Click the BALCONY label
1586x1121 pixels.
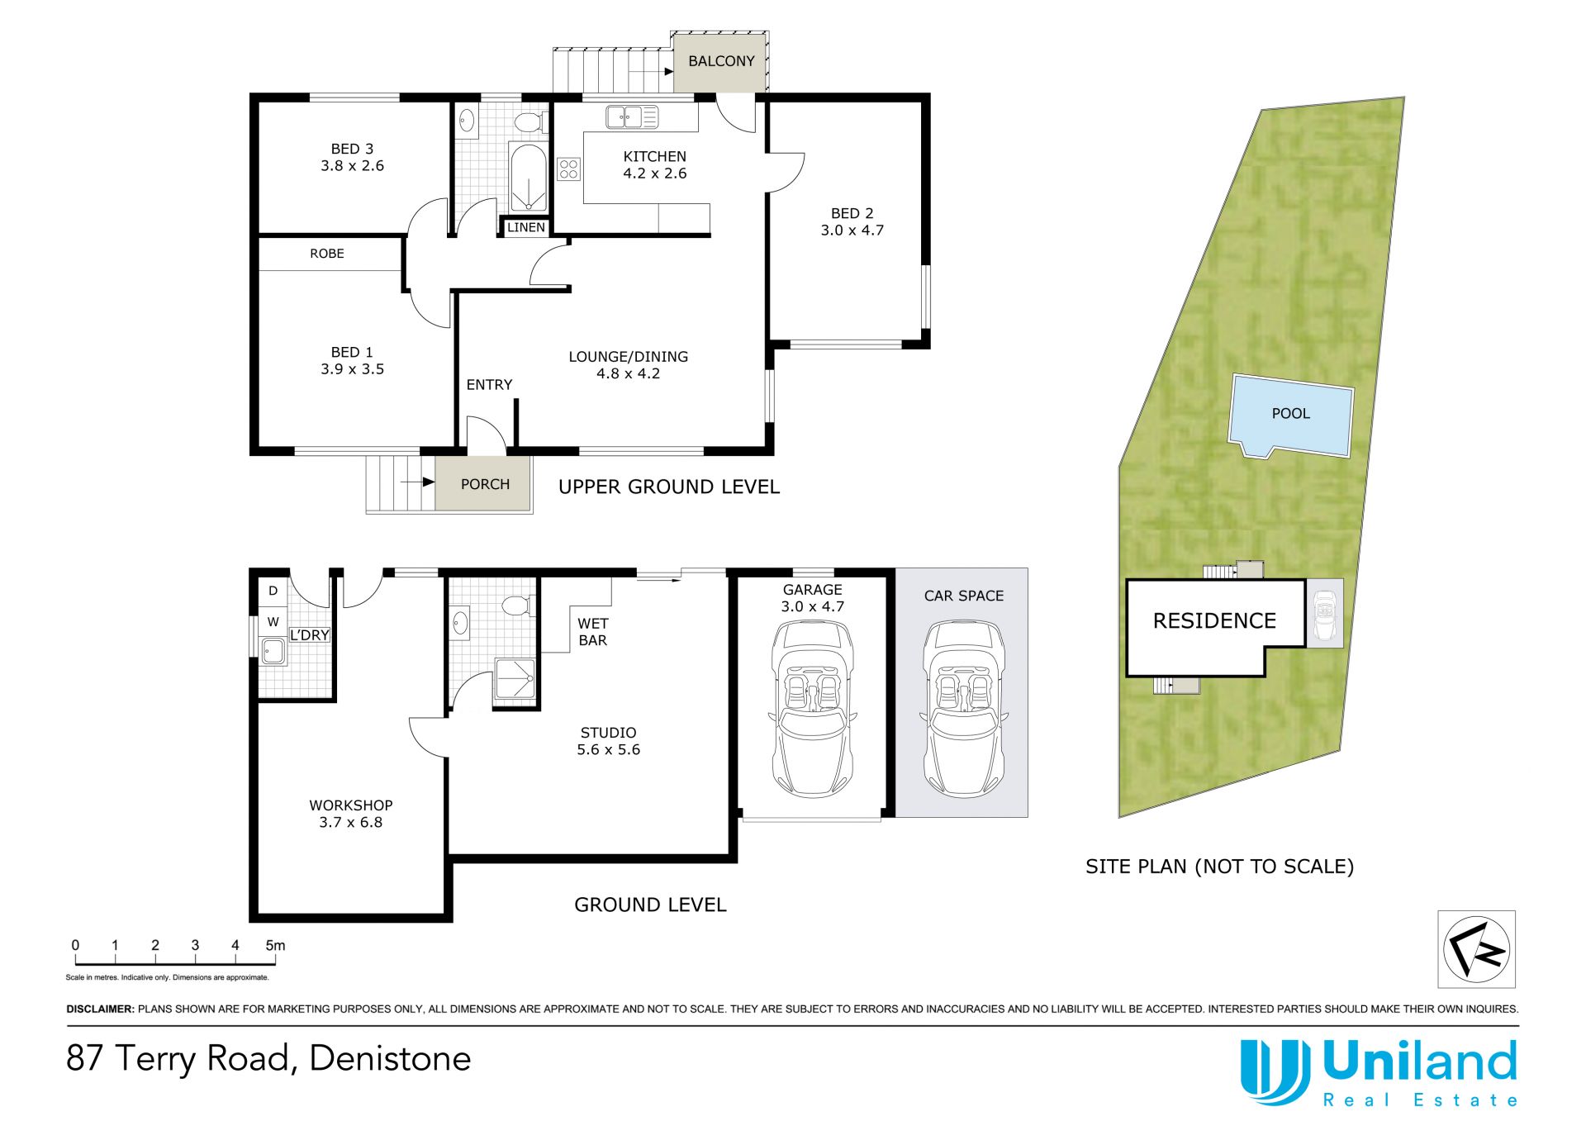click(721, 61)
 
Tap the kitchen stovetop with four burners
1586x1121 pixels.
click(568, 169)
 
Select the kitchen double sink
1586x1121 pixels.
click(632, 116)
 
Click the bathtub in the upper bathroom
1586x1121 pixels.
click(527, 178)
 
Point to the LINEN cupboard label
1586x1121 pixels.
click(526, 227)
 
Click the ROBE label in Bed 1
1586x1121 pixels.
click(327, 254)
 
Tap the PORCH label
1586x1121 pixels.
click(485, 484)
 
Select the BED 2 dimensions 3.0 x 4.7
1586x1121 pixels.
click(852, 230)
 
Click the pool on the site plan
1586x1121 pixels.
click(1291, 416)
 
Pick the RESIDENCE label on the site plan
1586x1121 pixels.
click(1214, 620)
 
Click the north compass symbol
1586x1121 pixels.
click(1477, 948)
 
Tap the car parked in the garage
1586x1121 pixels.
click(812, 709)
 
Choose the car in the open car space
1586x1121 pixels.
click(963, 709)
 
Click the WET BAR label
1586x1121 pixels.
click(592, 632)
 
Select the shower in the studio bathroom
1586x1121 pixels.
click(514, 682)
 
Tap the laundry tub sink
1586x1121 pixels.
click(273, 651)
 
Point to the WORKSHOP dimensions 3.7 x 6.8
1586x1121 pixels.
click(350, 822)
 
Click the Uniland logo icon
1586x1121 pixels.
click(1275, 1071)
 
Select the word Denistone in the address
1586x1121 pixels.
click(390, 1058)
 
